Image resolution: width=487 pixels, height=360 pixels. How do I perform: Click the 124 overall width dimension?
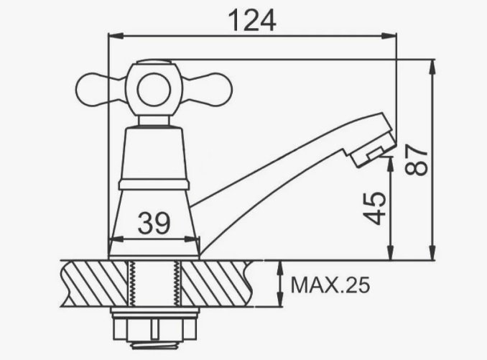tap(252, 21)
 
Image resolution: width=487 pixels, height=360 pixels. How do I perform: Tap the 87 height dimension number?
tap(417, 160)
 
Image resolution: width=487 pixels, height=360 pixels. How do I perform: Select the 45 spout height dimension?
tap(375, 208)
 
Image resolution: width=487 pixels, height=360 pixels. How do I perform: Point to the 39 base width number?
tap(154, 223)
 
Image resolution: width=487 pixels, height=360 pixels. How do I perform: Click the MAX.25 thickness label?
tap(330, 285)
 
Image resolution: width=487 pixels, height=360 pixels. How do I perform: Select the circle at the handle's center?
tap(154, 90)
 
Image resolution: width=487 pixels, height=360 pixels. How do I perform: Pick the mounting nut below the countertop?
tap(154, 328)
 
